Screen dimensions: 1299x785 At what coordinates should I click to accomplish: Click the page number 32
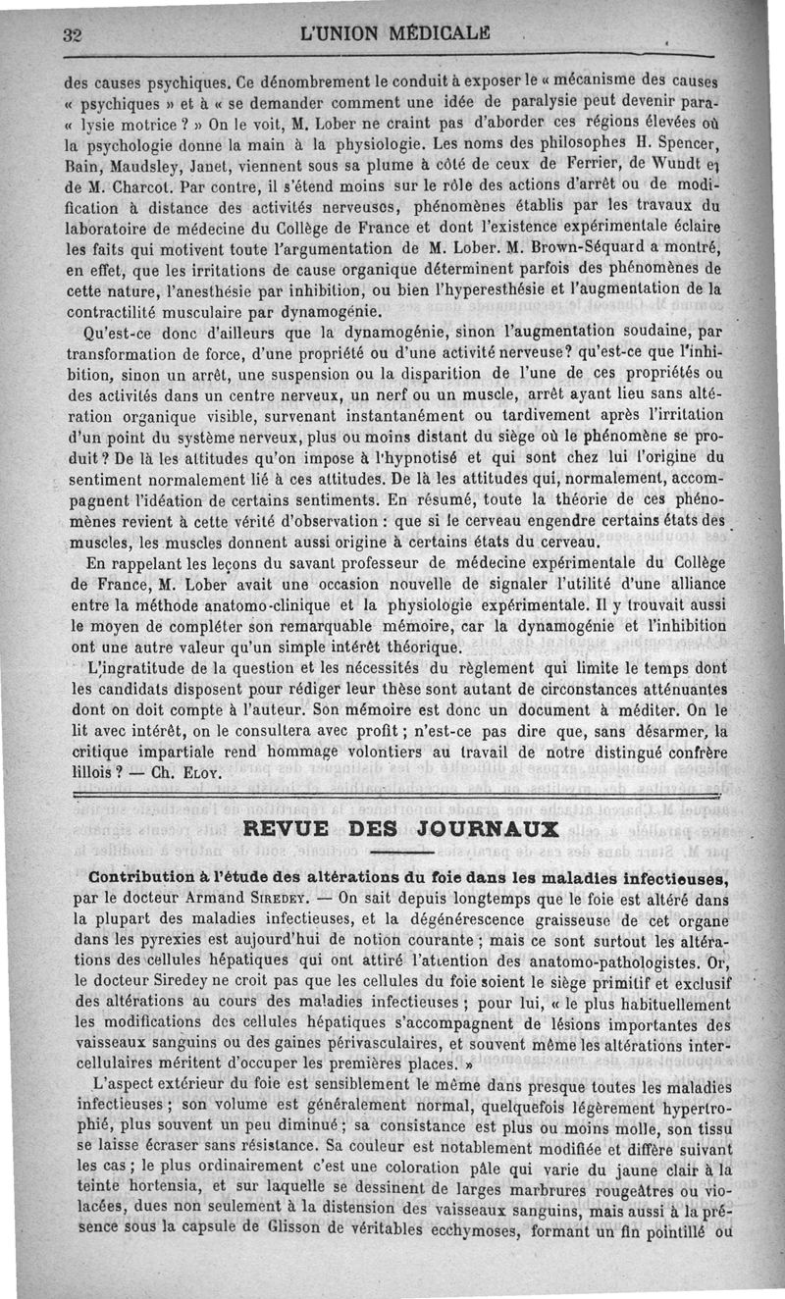(71, 34)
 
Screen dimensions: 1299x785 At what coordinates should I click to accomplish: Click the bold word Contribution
(148, 876)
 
